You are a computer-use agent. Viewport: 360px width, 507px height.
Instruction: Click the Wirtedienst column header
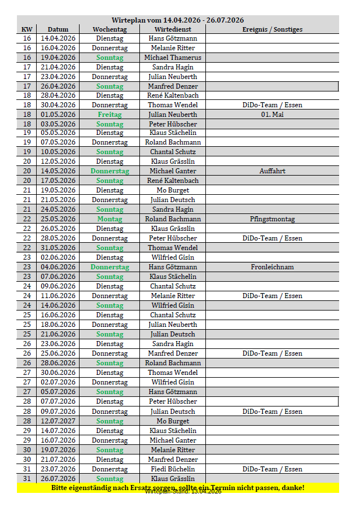coord(173,29)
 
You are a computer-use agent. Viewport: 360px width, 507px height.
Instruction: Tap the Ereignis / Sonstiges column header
coord(272,29)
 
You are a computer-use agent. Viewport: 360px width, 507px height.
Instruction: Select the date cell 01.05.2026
coord(58,114)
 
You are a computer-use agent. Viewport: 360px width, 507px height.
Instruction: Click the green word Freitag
coord(109,114)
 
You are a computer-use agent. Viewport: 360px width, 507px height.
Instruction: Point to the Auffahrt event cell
coord(272,171)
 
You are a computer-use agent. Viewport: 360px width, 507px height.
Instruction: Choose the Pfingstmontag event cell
coord(272,219)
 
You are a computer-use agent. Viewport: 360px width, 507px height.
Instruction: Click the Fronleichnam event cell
coord(272,267)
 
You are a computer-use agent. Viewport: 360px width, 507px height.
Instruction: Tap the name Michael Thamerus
coord(173,58)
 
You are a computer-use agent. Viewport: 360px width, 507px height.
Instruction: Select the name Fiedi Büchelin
coord(173,469)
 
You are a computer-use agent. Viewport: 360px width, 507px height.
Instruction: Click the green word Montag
coord(109,219)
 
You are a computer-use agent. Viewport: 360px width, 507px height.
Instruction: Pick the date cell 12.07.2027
coord(58,421)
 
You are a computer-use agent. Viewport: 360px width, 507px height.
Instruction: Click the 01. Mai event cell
coord(272,114)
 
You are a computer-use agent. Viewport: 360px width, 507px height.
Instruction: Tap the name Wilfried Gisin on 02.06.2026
coord(173,257)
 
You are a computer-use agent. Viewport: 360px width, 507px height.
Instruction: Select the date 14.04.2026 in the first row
coord(58,38)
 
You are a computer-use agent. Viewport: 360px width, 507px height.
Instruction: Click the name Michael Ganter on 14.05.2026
coord(173,171)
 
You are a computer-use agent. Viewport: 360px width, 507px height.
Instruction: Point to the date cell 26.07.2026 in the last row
coord(58,479)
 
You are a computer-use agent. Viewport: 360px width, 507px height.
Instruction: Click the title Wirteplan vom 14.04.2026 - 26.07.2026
coord(178,20)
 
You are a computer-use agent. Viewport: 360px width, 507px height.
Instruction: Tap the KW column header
coord(27,29)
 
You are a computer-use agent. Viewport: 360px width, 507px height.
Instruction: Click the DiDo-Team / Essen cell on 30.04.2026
coord(272,104)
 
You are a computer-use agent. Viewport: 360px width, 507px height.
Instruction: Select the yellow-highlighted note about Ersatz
coord(178,487)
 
